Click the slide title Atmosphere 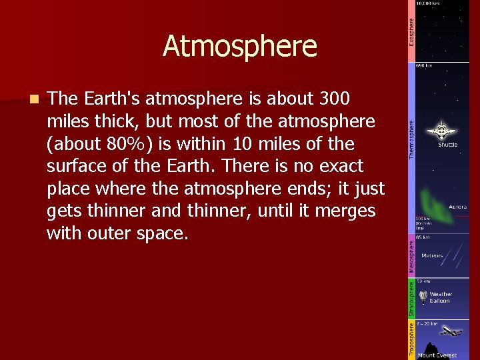[x=239, y=46]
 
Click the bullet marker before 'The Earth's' [x=34, y=99]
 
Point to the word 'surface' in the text [x=75, y=166]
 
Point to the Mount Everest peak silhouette [x=430, y=349]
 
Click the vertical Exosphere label [x=412, y=32]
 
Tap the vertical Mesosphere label [x=412, y=256]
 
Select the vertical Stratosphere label [x=412, y=298]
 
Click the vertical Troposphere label [x=412, y=339]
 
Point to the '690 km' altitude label [x=424, y=66]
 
